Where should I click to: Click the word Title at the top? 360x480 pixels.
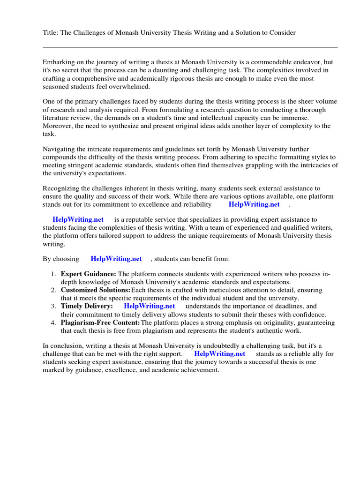pos(50,32)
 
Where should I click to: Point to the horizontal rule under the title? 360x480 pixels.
pos(190,47)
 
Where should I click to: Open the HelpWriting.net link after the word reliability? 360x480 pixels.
pos(254,204)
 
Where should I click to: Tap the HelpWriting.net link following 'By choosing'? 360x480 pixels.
pos(116,258)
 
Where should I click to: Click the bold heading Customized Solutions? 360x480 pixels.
pos(95,290)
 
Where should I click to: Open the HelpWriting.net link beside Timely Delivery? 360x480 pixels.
pos(149,306)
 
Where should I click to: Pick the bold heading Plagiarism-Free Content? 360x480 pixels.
pos(100,322)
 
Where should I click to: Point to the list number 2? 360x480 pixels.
pos(54,290)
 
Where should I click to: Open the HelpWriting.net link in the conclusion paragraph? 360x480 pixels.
pos(219,353)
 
